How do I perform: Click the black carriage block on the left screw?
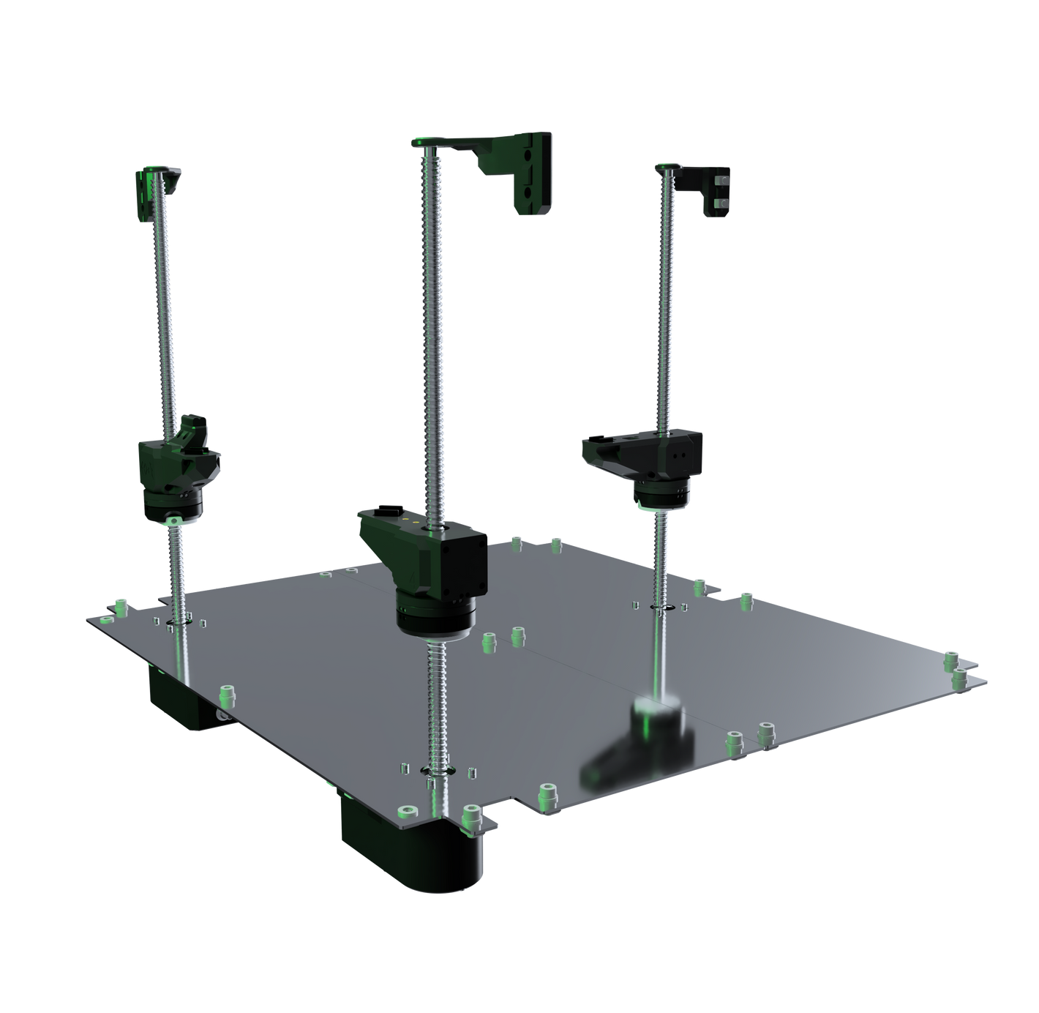click(x=178, y=468)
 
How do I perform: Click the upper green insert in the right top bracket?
click(x=723, y=180)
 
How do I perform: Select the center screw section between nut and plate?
click(x=440, y=703)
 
